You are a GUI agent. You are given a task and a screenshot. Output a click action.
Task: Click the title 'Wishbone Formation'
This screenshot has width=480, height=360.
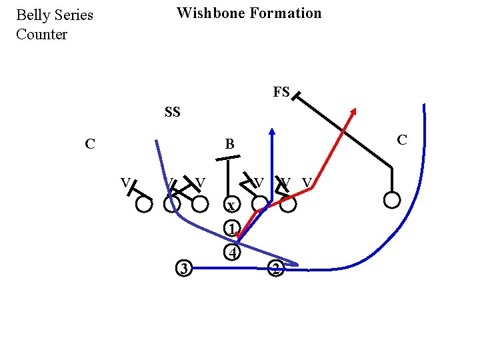(249, 13)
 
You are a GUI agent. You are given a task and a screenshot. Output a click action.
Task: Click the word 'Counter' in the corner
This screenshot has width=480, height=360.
(41, 35)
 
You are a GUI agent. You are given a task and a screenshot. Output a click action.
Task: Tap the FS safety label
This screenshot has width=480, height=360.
(281, 92)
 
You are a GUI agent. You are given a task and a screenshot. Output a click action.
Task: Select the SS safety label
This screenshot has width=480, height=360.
(172, 112)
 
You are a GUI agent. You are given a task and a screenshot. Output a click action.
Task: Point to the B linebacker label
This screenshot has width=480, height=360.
(229, 144)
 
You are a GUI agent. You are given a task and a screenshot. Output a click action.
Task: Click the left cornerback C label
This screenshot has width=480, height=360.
(89, 143)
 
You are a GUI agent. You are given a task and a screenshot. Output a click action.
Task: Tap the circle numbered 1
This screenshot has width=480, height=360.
(231, 229)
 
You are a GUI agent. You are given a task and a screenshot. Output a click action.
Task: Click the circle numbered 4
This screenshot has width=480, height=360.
(231, 253)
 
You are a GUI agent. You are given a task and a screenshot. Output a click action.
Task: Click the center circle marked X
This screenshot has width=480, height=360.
(230, 205)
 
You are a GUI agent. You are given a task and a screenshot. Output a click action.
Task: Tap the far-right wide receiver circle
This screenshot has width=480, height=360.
(392, 199)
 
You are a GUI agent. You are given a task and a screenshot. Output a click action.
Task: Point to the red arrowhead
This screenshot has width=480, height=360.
(354, 112)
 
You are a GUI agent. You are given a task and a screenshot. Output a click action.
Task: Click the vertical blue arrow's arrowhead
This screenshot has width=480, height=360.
(272, 131)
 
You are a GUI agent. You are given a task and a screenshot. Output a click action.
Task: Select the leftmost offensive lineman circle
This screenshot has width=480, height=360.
(143, 204)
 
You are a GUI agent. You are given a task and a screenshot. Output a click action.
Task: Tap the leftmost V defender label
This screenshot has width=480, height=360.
(125, 181)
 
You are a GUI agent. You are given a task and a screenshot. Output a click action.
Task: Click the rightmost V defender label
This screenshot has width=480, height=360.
(307, 181)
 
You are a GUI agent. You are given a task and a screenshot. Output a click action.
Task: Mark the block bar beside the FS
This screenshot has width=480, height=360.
(295, 97)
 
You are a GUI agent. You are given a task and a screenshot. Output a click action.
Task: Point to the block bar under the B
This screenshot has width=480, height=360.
(228, 159)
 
